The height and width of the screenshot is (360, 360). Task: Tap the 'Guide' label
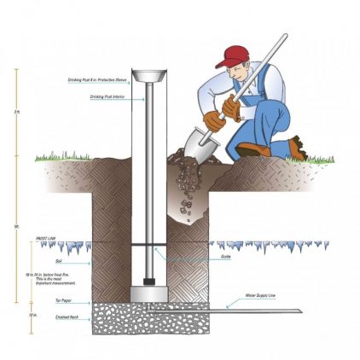point(225,257)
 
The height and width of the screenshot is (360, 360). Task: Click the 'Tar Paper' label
point(52,301)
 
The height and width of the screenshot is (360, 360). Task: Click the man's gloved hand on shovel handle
point(214,119)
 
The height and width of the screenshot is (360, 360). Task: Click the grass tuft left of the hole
point(60,156)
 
